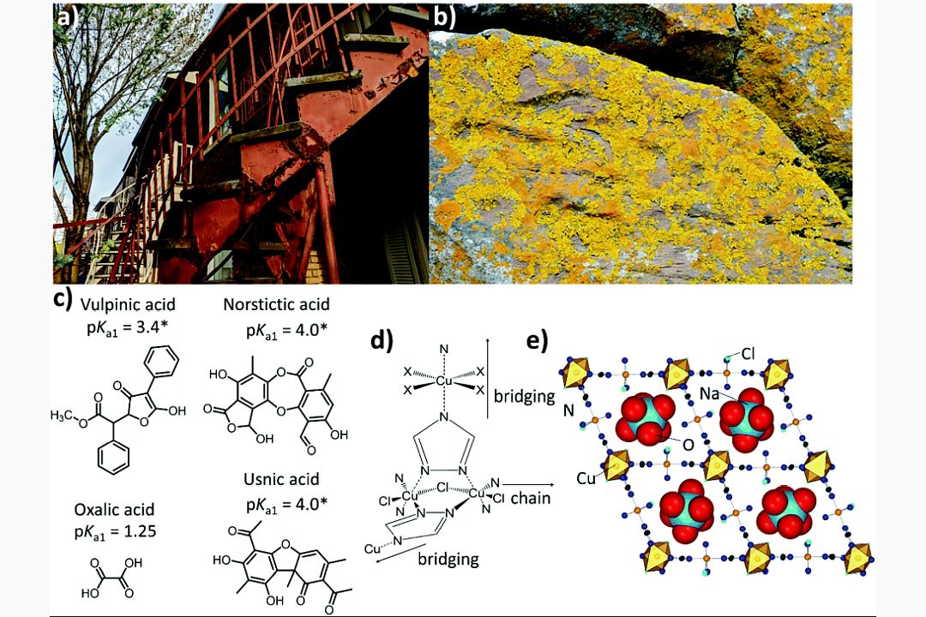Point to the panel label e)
(x=537, y=341)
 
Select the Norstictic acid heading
(x=276, y=305)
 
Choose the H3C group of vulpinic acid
(x=67, y=416)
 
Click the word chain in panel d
(x=532, y=498)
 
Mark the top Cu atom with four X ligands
(x=443, y=377)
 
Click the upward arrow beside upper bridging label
(x=488, y=376)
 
